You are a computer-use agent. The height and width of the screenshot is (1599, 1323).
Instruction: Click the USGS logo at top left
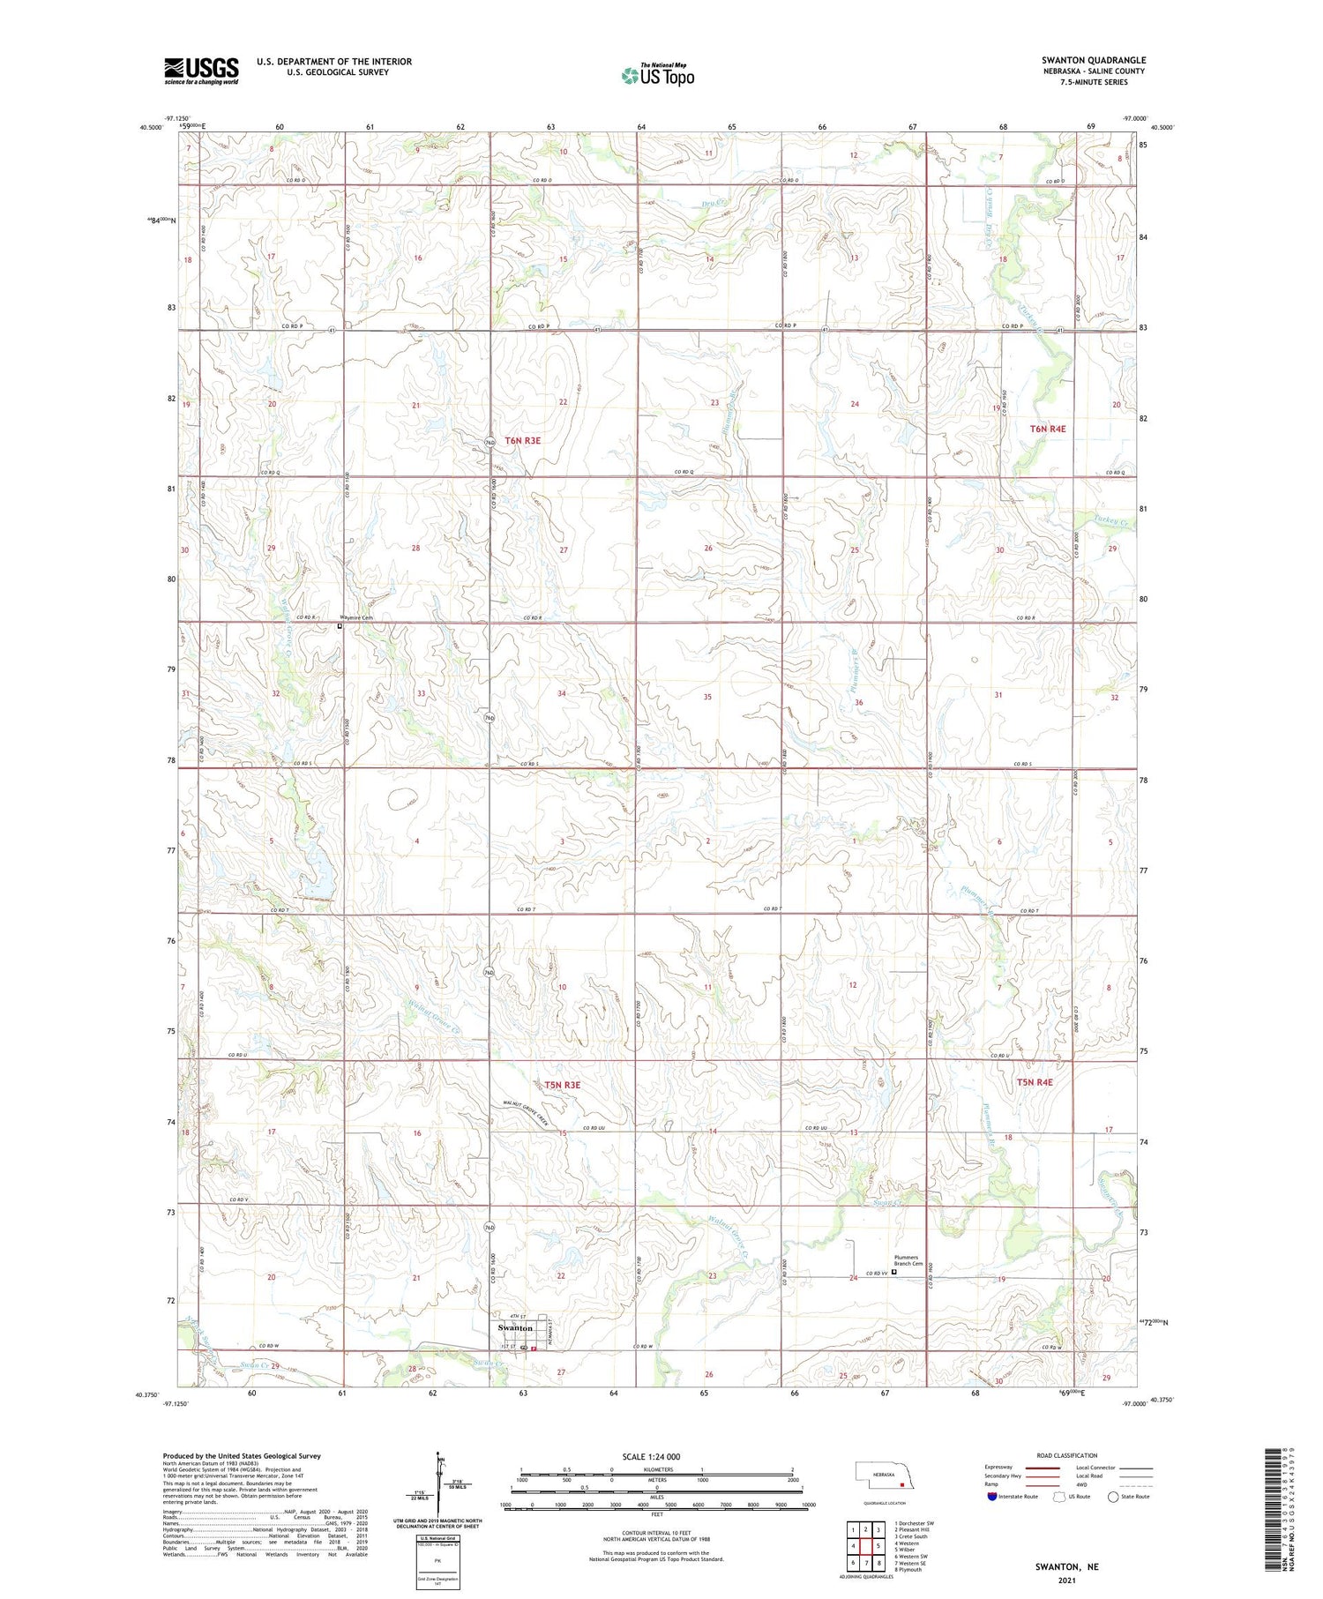pos(201,71)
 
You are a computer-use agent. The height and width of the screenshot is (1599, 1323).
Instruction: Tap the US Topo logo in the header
pos(658,76)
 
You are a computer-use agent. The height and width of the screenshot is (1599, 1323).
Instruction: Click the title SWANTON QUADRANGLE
pos(1093,60)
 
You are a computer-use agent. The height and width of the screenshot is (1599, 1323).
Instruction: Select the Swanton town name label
pos(515,1327)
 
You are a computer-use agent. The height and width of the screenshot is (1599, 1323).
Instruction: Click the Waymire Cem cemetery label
pos(357,618)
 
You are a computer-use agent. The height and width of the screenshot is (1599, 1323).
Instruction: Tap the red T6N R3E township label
pos(523,440)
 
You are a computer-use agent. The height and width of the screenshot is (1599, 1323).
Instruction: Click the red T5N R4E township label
pos(1034,1082)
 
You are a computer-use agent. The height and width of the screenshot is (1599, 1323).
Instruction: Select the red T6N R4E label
pos(1048,429)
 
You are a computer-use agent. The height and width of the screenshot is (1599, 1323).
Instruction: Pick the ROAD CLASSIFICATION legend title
pos(1067,1455)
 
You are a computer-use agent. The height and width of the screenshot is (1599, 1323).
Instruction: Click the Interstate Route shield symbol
pos(992,1496)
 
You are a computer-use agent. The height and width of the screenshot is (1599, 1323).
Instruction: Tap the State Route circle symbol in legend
pos(1113,1496)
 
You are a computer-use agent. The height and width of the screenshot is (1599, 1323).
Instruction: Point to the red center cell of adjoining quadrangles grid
pos(866,1546)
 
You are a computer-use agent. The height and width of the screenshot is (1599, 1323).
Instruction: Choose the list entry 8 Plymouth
pos(908,1570)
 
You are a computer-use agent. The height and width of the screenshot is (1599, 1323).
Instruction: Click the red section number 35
pos(707,697)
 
